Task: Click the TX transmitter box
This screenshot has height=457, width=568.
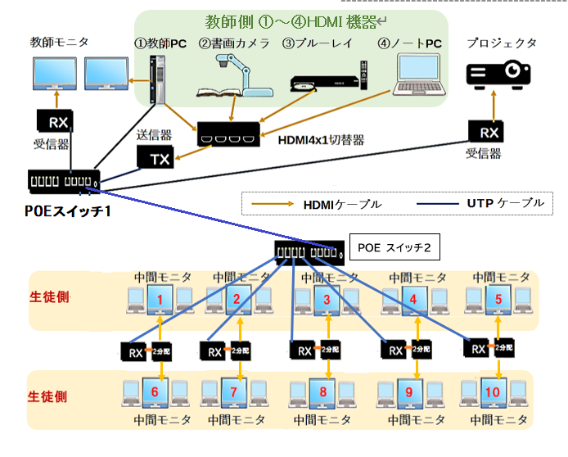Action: (161, 159)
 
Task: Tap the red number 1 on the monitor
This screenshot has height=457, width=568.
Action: (161, 300)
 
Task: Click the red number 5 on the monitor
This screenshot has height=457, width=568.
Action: (498, 299)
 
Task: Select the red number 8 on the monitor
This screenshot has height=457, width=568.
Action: (325, 391)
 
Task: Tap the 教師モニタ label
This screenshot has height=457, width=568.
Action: (60, 42)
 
